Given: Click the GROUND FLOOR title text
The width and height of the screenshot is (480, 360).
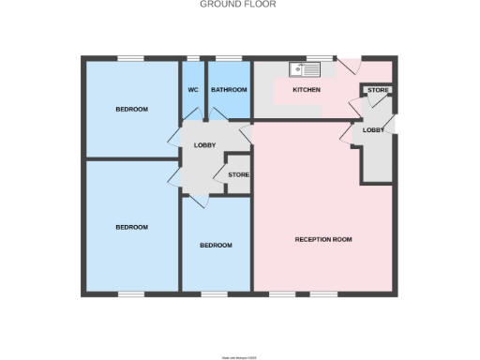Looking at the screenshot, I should tap(237, 4).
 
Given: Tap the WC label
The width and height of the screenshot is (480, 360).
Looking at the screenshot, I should tap(193, 90).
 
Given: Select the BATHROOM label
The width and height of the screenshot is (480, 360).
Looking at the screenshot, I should tap(229, 90).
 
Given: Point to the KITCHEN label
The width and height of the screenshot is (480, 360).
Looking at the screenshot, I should tap(307, 90).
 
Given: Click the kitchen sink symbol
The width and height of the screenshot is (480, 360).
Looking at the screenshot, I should tap(306, 68).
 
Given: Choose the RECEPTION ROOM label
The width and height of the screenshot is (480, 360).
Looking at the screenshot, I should tap(322, 240).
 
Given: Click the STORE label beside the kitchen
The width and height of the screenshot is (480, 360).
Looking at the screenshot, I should tap(378, 91).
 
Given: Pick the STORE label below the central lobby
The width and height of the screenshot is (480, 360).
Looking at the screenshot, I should tap(238, 174).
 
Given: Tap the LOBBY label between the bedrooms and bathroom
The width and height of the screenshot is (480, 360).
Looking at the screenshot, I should tap(204, 145).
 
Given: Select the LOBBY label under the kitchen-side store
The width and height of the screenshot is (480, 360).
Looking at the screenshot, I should tap(373, 130).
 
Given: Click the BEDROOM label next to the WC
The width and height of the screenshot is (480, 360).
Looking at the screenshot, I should tap(131, 110).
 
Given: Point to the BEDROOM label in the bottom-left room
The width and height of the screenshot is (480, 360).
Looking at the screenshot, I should tap(131, 227).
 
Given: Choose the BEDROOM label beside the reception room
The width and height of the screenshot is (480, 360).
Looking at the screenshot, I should tap(216, 246).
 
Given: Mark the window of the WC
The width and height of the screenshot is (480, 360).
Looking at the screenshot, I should tap(193, 58).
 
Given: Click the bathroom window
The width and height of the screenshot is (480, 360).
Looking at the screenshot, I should tap(229, 58).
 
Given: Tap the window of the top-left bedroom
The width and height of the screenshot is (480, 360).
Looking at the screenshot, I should tap(131, 58).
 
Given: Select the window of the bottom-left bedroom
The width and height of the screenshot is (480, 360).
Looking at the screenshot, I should tap(131, 295).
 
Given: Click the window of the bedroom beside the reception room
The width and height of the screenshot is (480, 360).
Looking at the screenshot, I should tap(215, 295).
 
